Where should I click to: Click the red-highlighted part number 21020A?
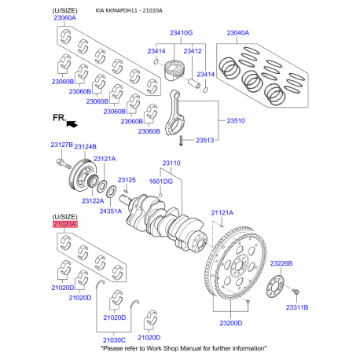[65, 224]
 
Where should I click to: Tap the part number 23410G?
[181, 33]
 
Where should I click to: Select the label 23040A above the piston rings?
[238, 33]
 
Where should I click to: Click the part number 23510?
[236, 121]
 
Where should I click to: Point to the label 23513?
[205, 141]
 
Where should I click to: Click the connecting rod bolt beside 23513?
[181, 141]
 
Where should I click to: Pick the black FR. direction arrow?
[72, 123]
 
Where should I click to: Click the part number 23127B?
[61, 145]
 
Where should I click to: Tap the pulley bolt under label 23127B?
[64, 163]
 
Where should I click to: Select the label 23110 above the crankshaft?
[171, 163]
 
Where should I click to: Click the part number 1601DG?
[161, 182]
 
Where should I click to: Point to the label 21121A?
[222, 213]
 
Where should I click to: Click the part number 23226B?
[281, 263]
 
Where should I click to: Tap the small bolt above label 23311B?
[296, 292]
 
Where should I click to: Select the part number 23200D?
[231, 323]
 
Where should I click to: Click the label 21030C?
[114, 340]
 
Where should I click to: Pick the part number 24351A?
[111, 211]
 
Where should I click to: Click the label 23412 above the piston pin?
[193, 51]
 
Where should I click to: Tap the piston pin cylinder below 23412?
[194, 83]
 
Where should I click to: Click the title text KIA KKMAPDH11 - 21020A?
[129, 11]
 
